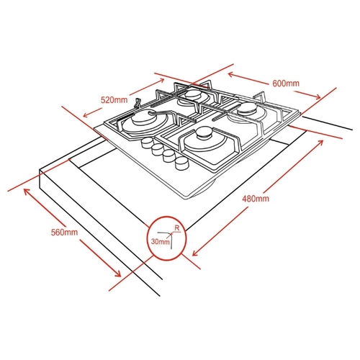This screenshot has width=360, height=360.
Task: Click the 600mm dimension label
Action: tap(286, 84)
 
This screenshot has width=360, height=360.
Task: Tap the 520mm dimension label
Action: tap(114, 100)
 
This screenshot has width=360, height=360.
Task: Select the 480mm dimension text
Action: tap(256, 199)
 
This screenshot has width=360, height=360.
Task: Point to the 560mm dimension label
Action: tap(64, 232)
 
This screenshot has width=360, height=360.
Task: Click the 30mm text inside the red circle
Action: tap(160, 241)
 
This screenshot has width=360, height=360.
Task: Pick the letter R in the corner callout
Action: tap(177, 228)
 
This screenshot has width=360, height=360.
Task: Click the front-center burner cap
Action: tap(204, 133)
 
